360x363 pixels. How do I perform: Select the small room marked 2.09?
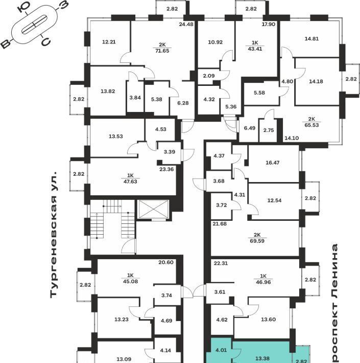click(x=208, y=77)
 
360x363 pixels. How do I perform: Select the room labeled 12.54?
click(x=274, y=200)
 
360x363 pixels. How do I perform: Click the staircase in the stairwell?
click(x=112, y=225)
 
